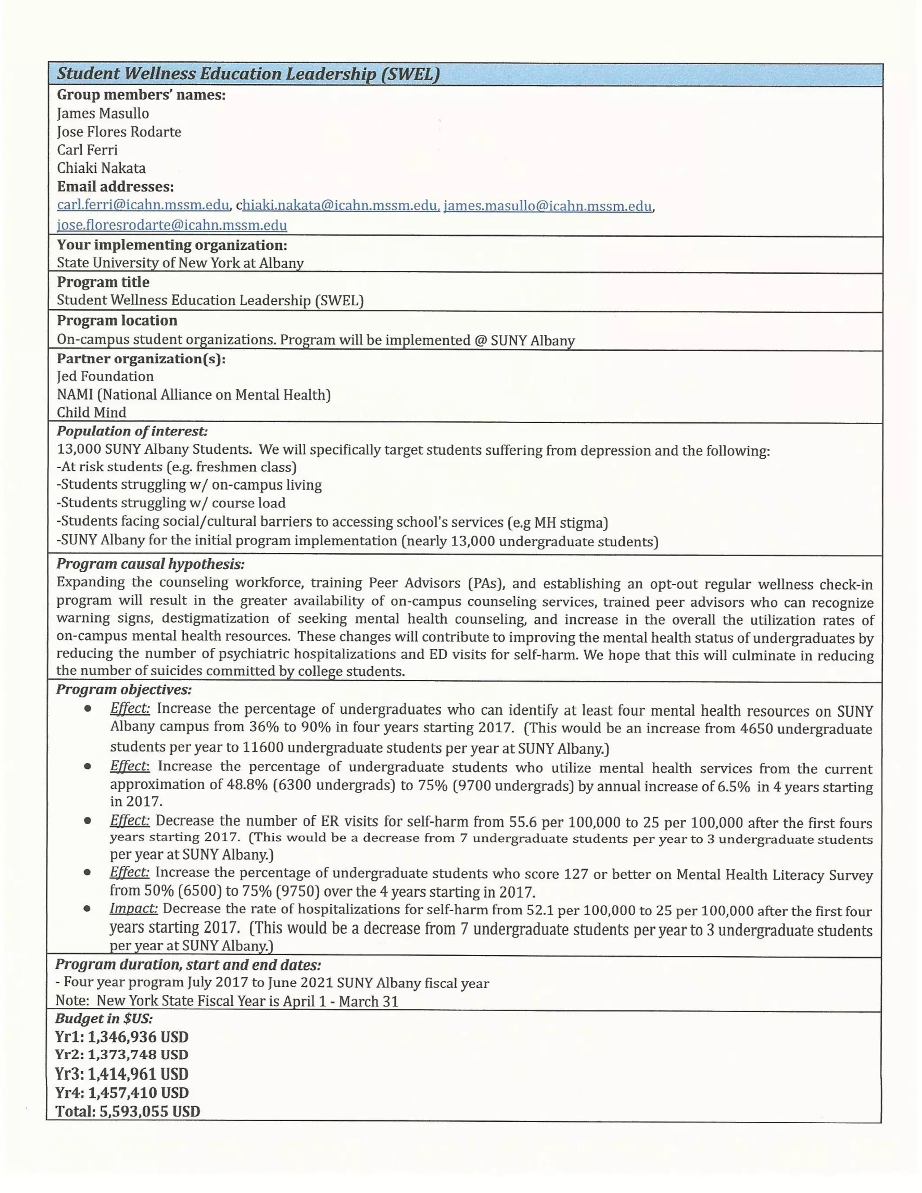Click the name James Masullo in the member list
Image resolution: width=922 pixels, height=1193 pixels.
(103, 113)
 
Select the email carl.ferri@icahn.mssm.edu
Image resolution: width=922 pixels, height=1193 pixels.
(143, 205)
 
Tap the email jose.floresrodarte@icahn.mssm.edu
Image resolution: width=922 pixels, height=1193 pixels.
(172, 225)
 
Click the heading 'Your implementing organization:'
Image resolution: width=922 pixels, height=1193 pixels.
(172, 245)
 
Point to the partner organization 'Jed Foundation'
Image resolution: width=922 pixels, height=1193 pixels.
(105, 376)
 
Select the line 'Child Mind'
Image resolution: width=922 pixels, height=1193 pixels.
(91, 412)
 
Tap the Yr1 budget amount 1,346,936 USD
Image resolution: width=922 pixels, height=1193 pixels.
(138, 1037)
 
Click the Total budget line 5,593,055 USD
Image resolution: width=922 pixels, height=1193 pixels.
(128, 1111)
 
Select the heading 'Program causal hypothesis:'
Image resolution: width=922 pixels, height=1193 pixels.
(150, 564)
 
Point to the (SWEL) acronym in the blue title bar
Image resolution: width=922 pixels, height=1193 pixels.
(410, 74)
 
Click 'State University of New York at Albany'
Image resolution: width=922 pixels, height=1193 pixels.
(180, 263)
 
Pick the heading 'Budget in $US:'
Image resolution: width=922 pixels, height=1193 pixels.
(104, 1018)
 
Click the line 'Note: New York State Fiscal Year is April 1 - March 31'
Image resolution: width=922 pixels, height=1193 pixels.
(227, 1001)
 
